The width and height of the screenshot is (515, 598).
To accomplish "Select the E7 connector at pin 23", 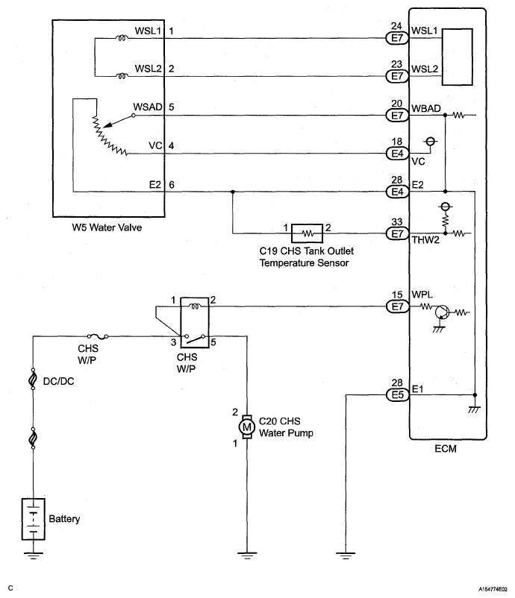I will [x=395, y=75].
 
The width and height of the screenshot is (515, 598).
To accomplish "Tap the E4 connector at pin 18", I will [x=395, y=154].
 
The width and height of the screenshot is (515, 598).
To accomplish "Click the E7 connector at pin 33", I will [x=395, y=233].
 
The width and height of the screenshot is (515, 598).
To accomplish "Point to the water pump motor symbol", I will [x=246, y=427].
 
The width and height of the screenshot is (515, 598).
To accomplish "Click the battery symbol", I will [x=34, y=519].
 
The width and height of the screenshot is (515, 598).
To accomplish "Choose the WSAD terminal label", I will [x=146, y=107].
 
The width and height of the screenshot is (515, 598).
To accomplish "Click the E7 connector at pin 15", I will [x=395, y=306].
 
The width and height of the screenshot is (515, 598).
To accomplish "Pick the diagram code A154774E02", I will [x=484, y=588].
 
